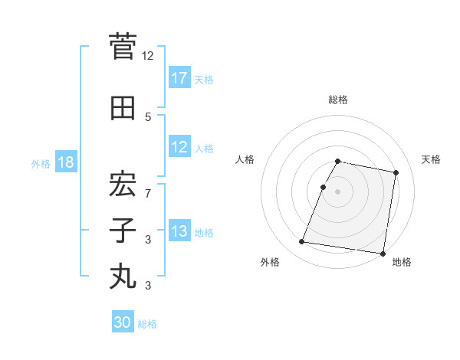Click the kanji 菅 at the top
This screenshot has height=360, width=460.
pos(123,47)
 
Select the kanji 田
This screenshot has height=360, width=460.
pos(123,109)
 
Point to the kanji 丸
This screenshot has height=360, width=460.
pos(123,277)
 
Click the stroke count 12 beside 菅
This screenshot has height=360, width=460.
pos(148,55)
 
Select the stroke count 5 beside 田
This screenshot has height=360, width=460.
pos(148,116)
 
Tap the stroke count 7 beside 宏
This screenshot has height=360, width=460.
pos(148,193)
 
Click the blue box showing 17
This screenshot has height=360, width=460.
pos(179,78)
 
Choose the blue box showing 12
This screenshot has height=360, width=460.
pos(179,147)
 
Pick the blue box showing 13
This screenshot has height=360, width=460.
pos(179,231)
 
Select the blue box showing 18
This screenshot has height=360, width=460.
pos(65,162)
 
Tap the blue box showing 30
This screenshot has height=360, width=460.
pos(123,322)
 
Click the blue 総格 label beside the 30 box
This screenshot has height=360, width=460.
pos(147,324)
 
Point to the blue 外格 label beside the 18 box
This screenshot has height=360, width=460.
pos(41,163)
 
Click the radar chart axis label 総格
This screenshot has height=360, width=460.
pos(337,100)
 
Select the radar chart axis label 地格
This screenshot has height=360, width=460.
pos(402,262)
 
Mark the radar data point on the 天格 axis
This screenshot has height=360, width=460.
pos(396,173)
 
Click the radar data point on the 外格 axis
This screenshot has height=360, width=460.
pos(302,242)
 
